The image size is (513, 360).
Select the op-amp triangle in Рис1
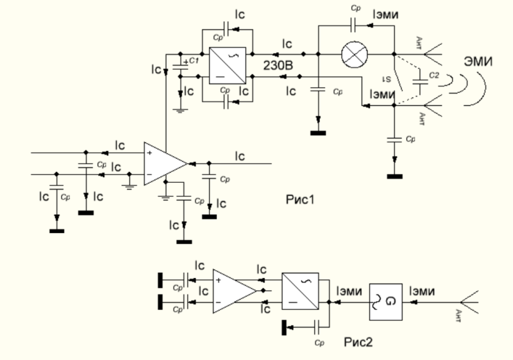click(164, 164)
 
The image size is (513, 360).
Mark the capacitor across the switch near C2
click(419, 82)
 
